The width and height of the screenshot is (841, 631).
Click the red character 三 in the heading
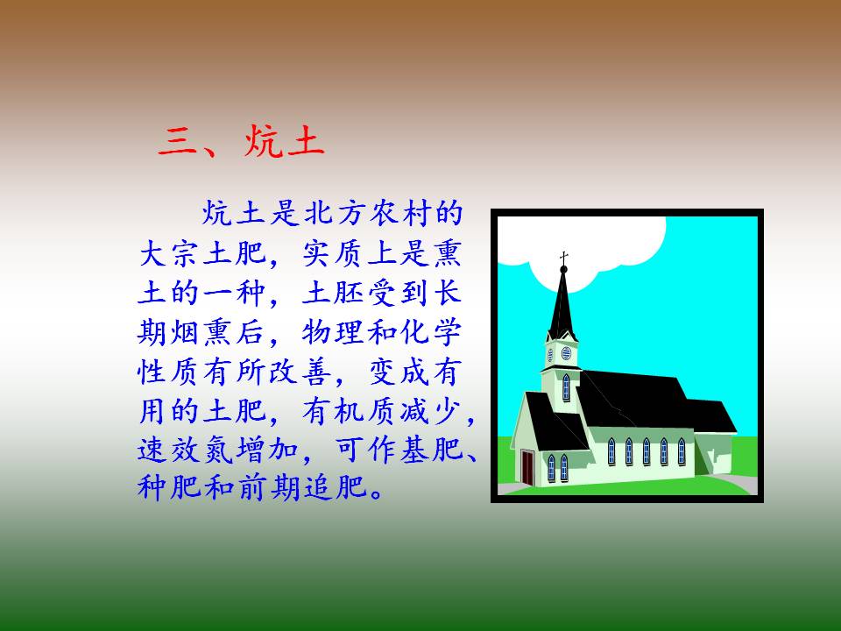[178, 142]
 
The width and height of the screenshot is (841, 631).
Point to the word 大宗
[170, 253]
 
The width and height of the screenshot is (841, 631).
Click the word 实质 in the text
[335, 253]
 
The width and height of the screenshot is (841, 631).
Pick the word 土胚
[335, 293]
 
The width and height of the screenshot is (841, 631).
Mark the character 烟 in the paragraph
[186, 333]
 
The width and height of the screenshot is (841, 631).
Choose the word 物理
[335, 333]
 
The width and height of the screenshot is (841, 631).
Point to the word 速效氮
[186, 450]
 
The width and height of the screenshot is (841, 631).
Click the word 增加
[268, 450]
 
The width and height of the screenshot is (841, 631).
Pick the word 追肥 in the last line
[335, 488]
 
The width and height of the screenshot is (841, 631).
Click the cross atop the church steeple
[563, 258]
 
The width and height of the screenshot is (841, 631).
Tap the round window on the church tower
[567, 353]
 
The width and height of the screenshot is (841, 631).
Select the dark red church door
[527, 468]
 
